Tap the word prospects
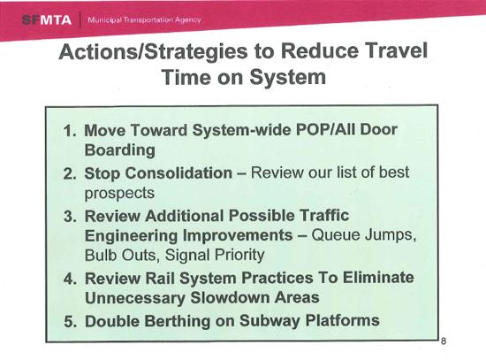[x=118, y=193]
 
